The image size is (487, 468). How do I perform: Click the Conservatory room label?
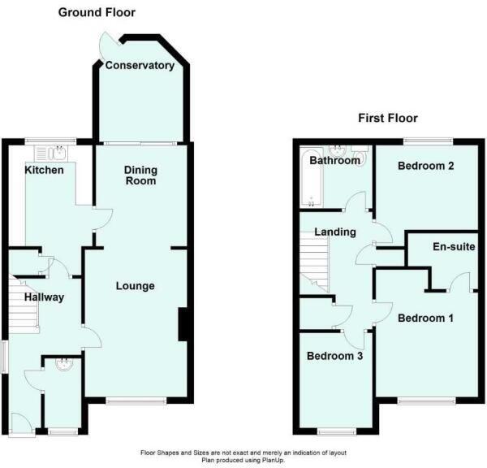(x=140, y=65)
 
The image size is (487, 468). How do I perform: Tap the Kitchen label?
(x=44, y=170)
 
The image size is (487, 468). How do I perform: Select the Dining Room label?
(x=140, y=175)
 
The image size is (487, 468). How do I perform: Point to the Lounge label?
(x=135, y=286)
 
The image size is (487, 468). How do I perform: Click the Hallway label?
(x=44, y=297)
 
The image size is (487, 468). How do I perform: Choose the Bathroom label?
(x=334, y=161)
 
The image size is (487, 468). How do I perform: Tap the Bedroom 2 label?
(x=425, y=166)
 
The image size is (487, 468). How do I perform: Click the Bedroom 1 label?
(x=425, y=318)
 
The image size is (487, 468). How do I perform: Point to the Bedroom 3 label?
(x=334, y=356)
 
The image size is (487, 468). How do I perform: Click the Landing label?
(x=335, y=232)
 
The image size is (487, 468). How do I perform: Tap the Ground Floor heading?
(x=96, y=12)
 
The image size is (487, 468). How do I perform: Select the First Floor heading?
(x=388, y=118)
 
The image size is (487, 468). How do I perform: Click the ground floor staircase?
(x=24, y=305)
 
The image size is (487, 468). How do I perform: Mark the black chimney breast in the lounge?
(x=184, y=323)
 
